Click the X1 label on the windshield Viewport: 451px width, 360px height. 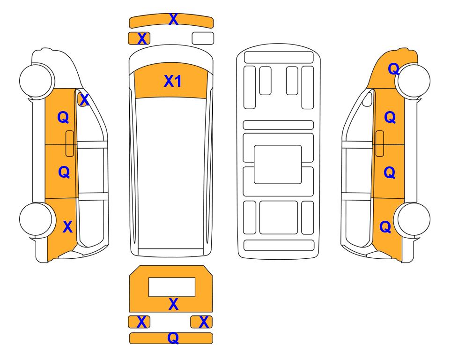(x=172, y=81)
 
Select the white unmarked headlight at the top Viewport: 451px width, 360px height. (x=203, y=38)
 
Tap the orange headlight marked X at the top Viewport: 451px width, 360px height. (x=139, y=38)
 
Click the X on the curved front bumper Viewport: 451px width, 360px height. (x=173, y=19)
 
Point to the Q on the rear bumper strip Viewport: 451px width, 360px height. (x=173, y=337)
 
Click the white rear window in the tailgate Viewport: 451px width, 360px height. (x=172, y=287)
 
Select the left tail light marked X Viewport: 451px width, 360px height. (x=139, y=322)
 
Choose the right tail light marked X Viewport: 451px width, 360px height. (x=201, y=322)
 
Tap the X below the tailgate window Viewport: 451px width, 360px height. (x=173, y=304)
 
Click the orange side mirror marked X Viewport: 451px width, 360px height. (x=82, y=99)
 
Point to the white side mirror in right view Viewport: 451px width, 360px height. (x=367, y=99)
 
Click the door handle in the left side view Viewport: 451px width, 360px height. (x=70, y=143)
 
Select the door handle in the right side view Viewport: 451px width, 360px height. (x=380, y=143)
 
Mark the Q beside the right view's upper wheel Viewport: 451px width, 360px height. (x=394, y=69)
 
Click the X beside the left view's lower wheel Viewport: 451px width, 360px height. (x=67, y=227)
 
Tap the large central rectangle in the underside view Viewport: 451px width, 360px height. (x=278, y=165)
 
